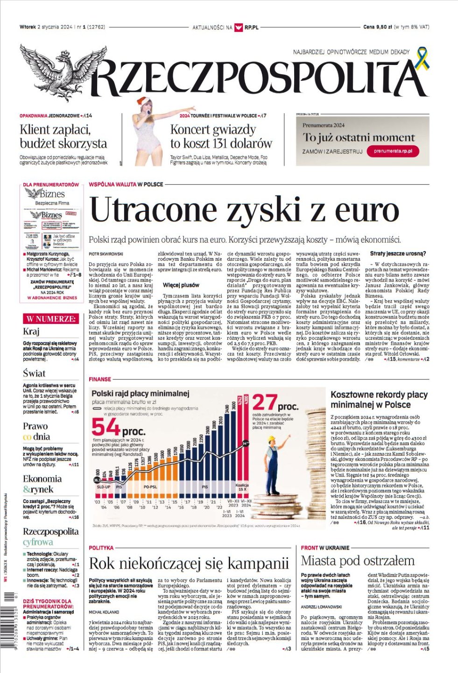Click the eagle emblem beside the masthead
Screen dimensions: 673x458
click(x=56, y=73)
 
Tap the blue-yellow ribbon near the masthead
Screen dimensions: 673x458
click(x=423, y=57)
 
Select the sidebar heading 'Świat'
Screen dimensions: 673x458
click(x=34, y=373)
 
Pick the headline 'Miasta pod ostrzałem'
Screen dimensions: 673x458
click(x=357, y=560)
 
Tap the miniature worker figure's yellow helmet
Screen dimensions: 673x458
click(x=272, y=440)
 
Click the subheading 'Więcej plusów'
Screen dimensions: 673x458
click(x=181, y=285)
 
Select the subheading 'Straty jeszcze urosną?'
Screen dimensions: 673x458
click(x=398, y=254)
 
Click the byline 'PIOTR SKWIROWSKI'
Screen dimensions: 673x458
click(x=106, y=254)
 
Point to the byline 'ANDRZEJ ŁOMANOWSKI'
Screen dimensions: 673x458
click(x=321, y=607)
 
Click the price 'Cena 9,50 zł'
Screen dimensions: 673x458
click(x=378, y=27)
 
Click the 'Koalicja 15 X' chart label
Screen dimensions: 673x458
click(x=242, y=487)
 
